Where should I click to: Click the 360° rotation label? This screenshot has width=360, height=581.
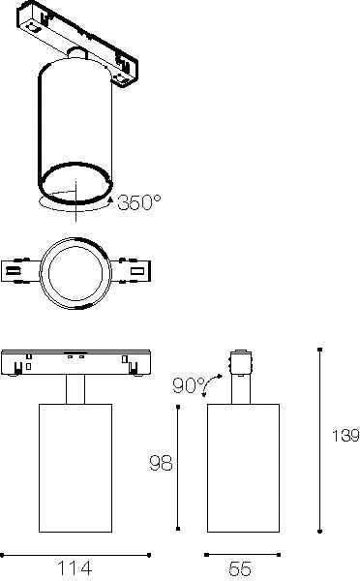point(139,202)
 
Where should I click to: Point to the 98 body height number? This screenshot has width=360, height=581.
point(162,464)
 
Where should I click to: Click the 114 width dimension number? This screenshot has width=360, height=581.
point(75,570)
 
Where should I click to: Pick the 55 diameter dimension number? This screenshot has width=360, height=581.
point(242,570)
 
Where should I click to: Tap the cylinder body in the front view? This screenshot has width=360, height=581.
point(75,467)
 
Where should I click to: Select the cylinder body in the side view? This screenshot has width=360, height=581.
point(242,467)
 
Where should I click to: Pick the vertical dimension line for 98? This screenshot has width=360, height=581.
point(179,467)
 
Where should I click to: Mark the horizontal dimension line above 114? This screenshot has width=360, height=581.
point(75,554)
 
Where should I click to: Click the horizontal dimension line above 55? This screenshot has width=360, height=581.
point(242,554)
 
